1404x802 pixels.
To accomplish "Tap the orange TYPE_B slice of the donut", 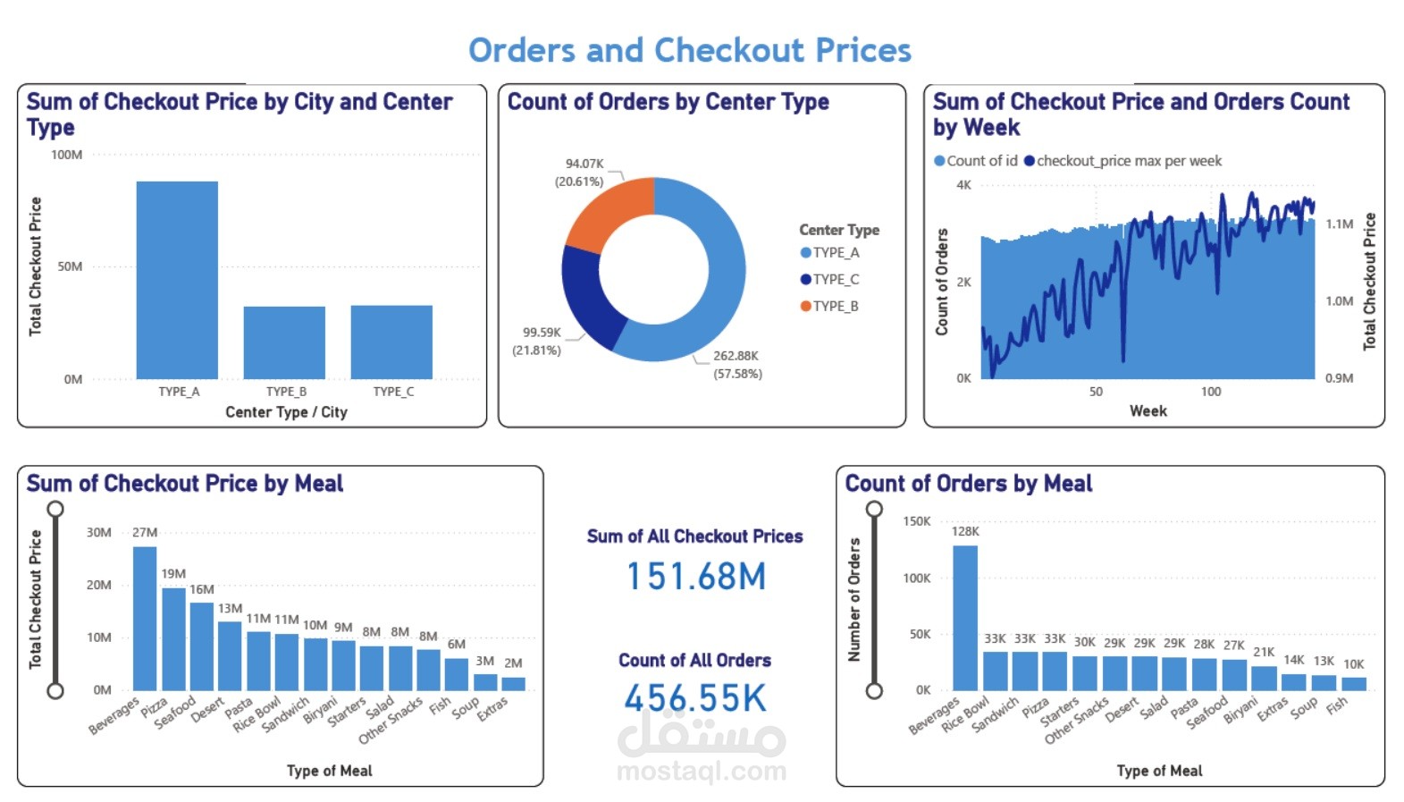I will (x=609, y=212).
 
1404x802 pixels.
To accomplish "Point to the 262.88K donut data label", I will (x=736, y=356).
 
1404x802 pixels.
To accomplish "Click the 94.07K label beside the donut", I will (x=584, y=164).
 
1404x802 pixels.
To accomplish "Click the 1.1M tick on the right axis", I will (x=1339, y=224).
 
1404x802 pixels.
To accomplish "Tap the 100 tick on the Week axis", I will (x=1210, y=392).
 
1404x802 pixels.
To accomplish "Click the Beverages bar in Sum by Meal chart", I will (x=145, y=618).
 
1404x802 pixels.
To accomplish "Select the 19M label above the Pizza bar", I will (x=173, y=574).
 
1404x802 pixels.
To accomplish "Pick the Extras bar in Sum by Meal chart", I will (x=513, y=684).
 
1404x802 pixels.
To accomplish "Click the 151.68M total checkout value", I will (x=695, y=577).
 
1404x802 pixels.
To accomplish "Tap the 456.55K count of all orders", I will (x=695, y=698).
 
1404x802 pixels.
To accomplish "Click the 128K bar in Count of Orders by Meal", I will (x=964, y=617).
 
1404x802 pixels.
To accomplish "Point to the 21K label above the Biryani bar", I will (x=1264, y=653).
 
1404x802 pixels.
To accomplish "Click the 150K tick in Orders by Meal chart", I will (x=916, y=521).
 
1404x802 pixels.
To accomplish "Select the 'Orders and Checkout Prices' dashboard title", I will (x=689, y=50).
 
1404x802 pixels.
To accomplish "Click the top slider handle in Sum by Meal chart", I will (x=55, y=510).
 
